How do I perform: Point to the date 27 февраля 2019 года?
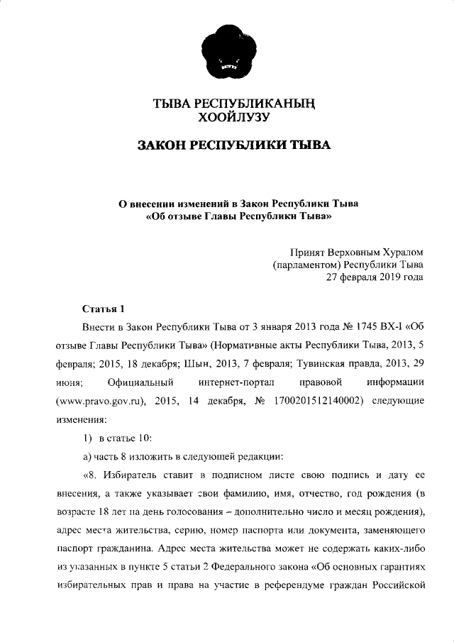pos(374,277)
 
